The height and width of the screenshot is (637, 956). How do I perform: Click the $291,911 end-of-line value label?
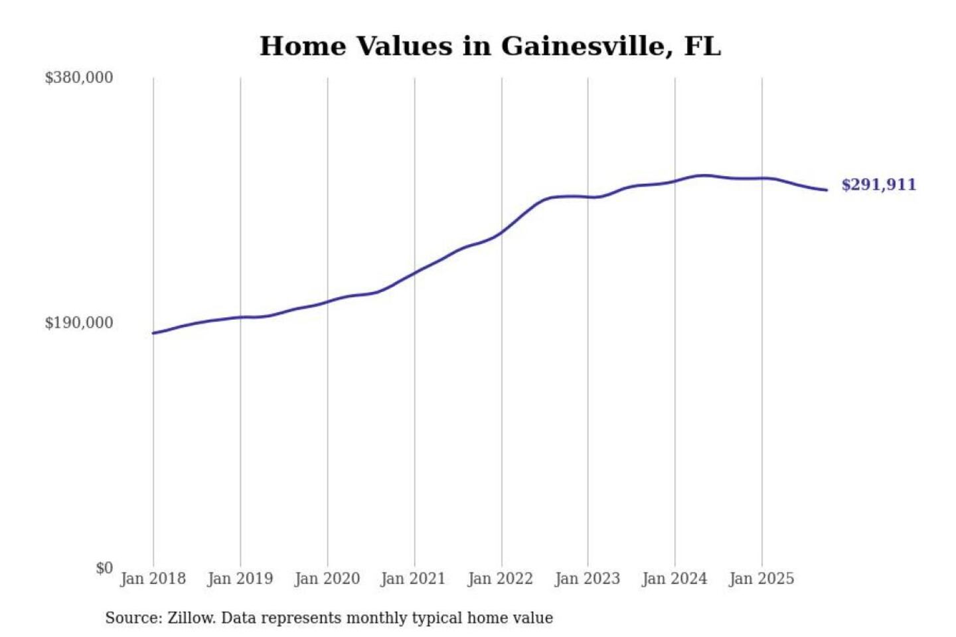878,184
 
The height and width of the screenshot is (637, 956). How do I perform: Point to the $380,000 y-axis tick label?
79,78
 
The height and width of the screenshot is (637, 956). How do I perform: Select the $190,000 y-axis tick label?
79,322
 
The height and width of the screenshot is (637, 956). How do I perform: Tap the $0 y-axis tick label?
104,568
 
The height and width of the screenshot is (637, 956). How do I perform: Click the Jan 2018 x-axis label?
153,579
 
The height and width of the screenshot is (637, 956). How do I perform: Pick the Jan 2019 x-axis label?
240,579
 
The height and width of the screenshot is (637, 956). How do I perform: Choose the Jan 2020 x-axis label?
327,579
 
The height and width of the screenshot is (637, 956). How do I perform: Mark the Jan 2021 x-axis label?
413,579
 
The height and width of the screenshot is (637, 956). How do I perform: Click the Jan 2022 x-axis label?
500,579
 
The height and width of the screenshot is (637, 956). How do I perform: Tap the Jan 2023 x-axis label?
587,579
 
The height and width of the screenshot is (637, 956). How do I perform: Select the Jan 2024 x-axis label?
674,579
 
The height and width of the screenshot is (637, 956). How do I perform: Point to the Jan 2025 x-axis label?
761,579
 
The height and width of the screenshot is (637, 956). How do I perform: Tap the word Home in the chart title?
303,46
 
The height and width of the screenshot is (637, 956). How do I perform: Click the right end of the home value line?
827,190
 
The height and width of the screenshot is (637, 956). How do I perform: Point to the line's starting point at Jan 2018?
153,333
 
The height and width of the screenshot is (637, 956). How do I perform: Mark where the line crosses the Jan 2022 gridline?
502,232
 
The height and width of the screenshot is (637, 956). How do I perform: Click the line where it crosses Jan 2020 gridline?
327,302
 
